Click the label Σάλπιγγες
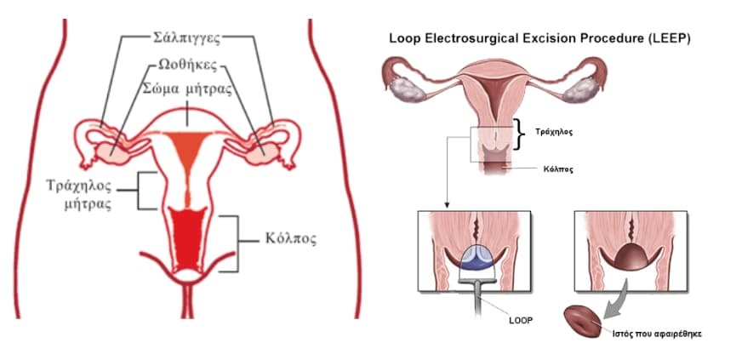[187, 37]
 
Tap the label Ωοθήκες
[187, 66]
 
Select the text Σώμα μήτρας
[187, 89]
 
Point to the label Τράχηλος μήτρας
[80, 195]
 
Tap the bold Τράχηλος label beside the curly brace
[554, 132]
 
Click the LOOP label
[521, 322]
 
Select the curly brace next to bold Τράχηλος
[517, 134]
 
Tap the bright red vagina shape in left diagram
[187, 239]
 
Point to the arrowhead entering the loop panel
[447, 204]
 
